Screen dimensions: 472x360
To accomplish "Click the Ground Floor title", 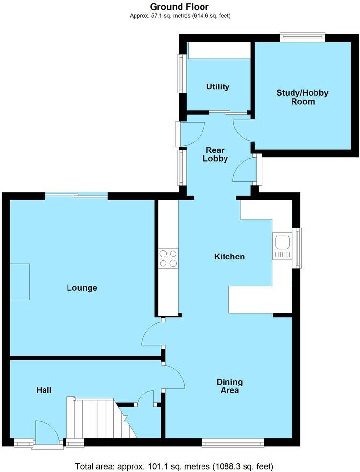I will pyautogui.click(x=180, y=7).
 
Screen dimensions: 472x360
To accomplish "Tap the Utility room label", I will pyautogui.click(x=218, y=87).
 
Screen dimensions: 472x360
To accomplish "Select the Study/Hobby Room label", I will pyautogui.click(x=302, y=97).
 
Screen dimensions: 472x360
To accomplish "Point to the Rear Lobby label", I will pyautogui.click(x=216, y=154).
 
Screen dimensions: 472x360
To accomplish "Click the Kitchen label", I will pyautogui.click(x=229, y=257).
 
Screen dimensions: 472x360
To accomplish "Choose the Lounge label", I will pyautogui.click(x=82, y=288).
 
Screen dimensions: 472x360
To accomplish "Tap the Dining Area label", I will pyautogui.click(x=229, y=386).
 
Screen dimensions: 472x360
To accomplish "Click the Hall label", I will pyautogui.click(x=44, y=390).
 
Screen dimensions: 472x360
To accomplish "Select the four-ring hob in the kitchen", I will pyautogui.click(x=168, y=258).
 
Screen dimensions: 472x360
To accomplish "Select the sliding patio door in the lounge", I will pyautogui.click(x=76, y=196).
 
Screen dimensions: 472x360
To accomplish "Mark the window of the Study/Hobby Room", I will pyautogui.click(x=302, y=35).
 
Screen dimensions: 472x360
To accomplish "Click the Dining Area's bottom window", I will pyautogui.click(x=233, y=443).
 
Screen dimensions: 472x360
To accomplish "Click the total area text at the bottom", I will pyautogui.click(x=174, y=465).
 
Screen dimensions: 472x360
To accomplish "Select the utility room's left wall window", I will pyautogui.click(x=181, y=73).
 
